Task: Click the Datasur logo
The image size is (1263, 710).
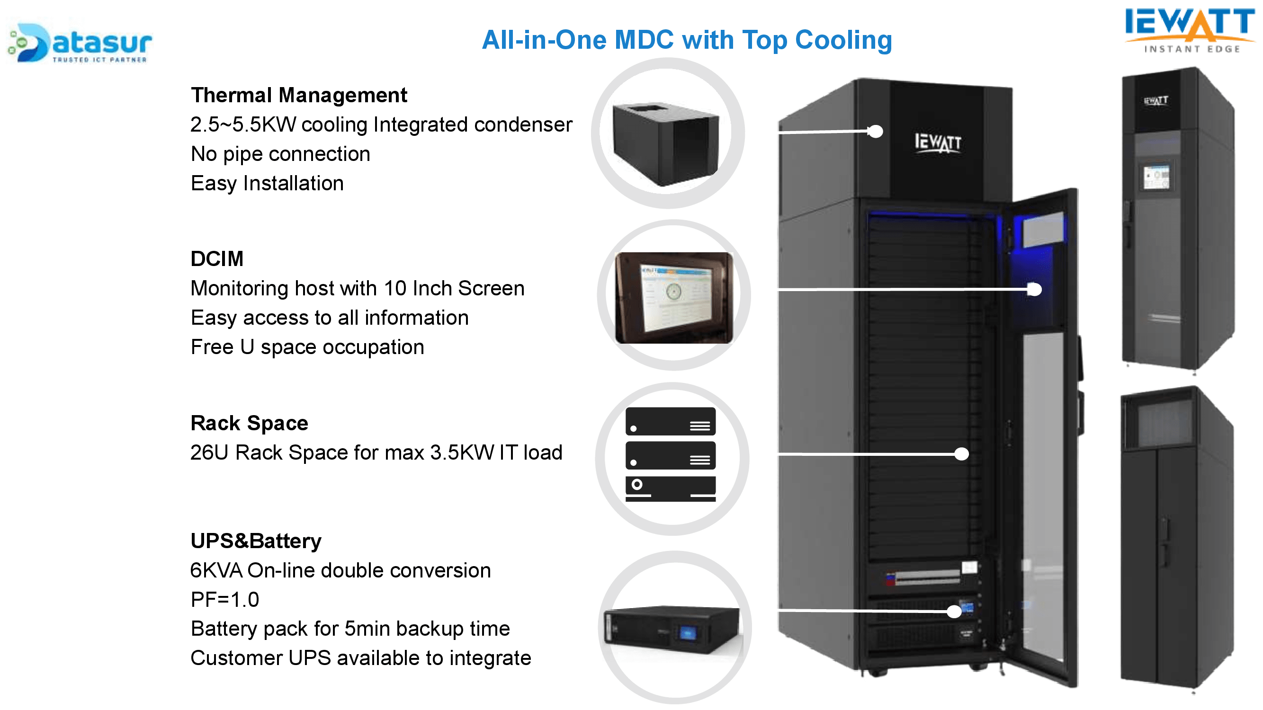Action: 81,43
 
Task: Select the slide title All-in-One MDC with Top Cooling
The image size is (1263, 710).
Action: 686,40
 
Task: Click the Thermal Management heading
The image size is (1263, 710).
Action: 299,95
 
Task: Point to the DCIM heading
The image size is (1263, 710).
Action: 217,259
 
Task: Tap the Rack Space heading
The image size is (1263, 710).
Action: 249,423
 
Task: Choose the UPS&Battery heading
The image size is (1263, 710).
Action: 255,541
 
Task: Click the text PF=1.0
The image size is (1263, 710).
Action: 224,599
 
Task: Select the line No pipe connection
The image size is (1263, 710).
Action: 280,154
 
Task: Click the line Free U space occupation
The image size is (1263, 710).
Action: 307,347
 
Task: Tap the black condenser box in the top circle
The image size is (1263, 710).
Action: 666,142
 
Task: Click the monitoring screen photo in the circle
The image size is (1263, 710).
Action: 674,297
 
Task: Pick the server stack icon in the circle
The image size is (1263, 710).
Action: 670,454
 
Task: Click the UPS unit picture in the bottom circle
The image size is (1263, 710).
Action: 672,630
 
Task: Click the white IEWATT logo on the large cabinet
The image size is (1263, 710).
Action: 938,142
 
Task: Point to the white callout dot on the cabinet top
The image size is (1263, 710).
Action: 876,131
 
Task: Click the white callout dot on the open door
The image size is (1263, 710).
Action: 1034,290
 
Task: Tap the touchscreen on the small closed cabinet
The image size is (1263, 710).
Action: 1156,177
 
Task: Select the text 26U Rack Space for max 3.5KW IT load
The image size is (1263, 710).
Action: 376,452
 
